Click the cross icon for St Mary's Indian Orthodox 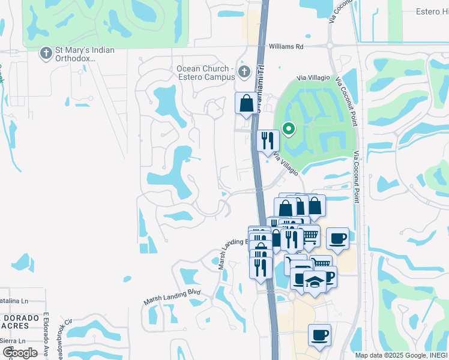pyautogui.click(x=45, y=53)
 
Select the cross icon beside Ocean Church pyautogui.click(x=244, y=73)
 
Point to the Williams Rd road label pyautogui.click(x=286, y=46)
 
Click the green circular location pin pyautogui.click(x=289, y=128)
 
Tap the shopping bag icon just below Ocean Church pyautogui.click(x=246, y=103)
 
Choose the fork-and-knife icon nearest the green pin pyautogui.click(x=268, y=140)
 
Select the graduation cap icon pyautogui.click(x=315, y=281)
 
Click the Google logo pyautogui.click(x=20, y=353)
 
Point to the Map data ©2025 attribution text pyautogui.click(x=400, y=355)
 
